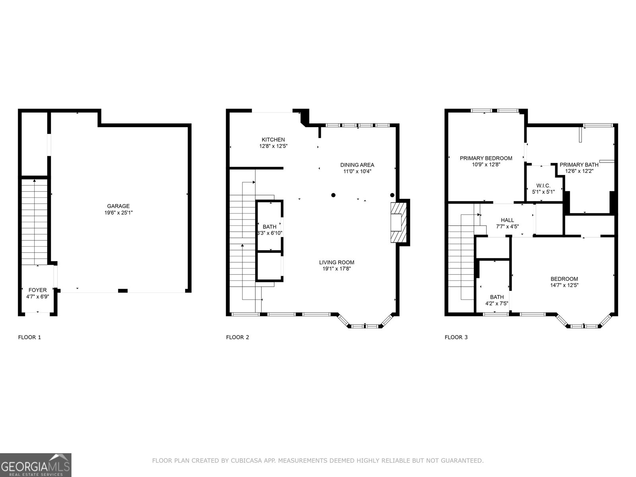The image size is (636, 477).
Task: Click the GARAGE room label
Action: [118, 206]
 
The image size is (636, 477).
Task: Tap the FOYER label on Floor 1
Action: [37, 290]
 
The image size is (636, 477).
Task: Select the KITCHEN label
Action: [273, 140]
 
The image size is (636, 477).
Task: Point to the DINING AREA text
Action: [357, 165]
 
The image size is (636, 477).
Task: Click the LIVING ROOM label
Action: [336, 262]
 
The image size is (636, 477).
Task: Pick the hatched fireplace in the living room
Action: [399, 222]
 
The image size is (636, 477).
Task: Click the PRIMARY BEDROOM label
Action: [486, 158]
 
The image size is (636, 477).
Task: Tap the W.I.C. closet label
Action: [543, 186]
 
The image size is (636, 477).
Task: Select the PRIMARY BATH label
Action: [579, 165]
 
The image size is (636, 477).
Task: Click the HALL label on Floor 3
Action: [507, 220]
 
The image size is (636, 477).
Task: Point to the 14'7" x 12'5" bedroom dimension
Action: [564, 285]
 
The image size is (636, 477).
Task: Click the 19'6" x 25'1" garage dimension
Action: [118, 213]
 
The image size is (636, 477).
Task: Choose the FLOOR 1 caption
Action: [29, 337]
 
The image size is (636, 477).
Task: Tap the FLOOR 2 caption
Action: [237, 337]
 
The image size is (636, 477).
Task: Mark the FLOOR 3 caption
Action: [456, 337]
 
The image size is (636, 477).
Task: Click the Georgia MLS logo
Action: [36, 465]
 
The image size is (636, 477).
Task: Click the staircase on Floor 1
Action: [35, 223]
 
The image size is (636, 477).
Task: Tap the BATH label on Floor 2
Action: [269, 227]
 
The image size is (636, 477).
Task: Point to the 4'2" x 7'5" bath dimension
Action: [496, 303]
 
